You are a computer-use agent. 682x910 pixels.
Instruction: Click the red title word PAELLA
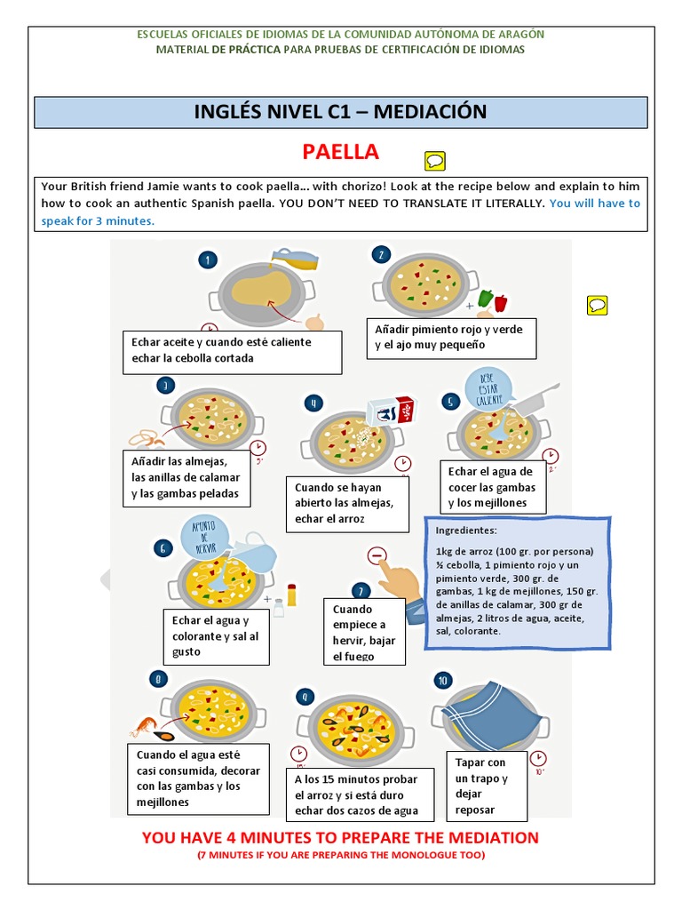340,152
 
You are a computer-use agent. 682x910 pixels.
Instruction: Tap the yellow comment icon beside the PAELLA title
435,161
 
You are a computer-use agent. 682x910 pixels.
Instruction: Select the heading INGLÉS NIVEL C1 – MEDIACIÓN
340,112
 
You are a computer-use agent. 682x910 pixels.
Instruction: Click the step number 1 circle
208,259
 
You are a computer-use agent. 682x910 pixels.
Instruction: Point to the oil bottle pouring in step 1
293,260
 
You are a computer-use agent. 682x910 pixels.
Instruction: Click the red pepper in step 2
499,302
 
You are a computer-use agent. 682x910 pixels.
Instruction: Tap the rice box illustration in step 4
391,411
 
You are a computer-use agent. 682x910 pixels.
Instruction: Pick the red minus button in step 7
377,556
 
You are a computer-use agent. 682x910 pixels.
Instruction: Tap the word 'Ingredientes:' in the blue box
466,531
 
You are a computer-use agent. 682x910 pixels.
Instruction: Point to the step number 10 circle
443,681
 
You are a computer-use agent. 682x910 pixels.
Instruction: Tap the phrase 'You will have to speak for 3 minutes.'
340,212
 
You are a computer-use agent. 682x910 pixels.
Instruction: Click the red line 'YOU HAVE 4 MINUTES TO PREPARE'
340,837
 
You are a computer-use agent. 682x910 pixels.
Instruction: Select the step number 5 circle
450,402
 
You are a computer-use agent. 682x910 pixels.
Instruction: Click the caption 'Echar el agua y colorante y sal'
215,636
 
